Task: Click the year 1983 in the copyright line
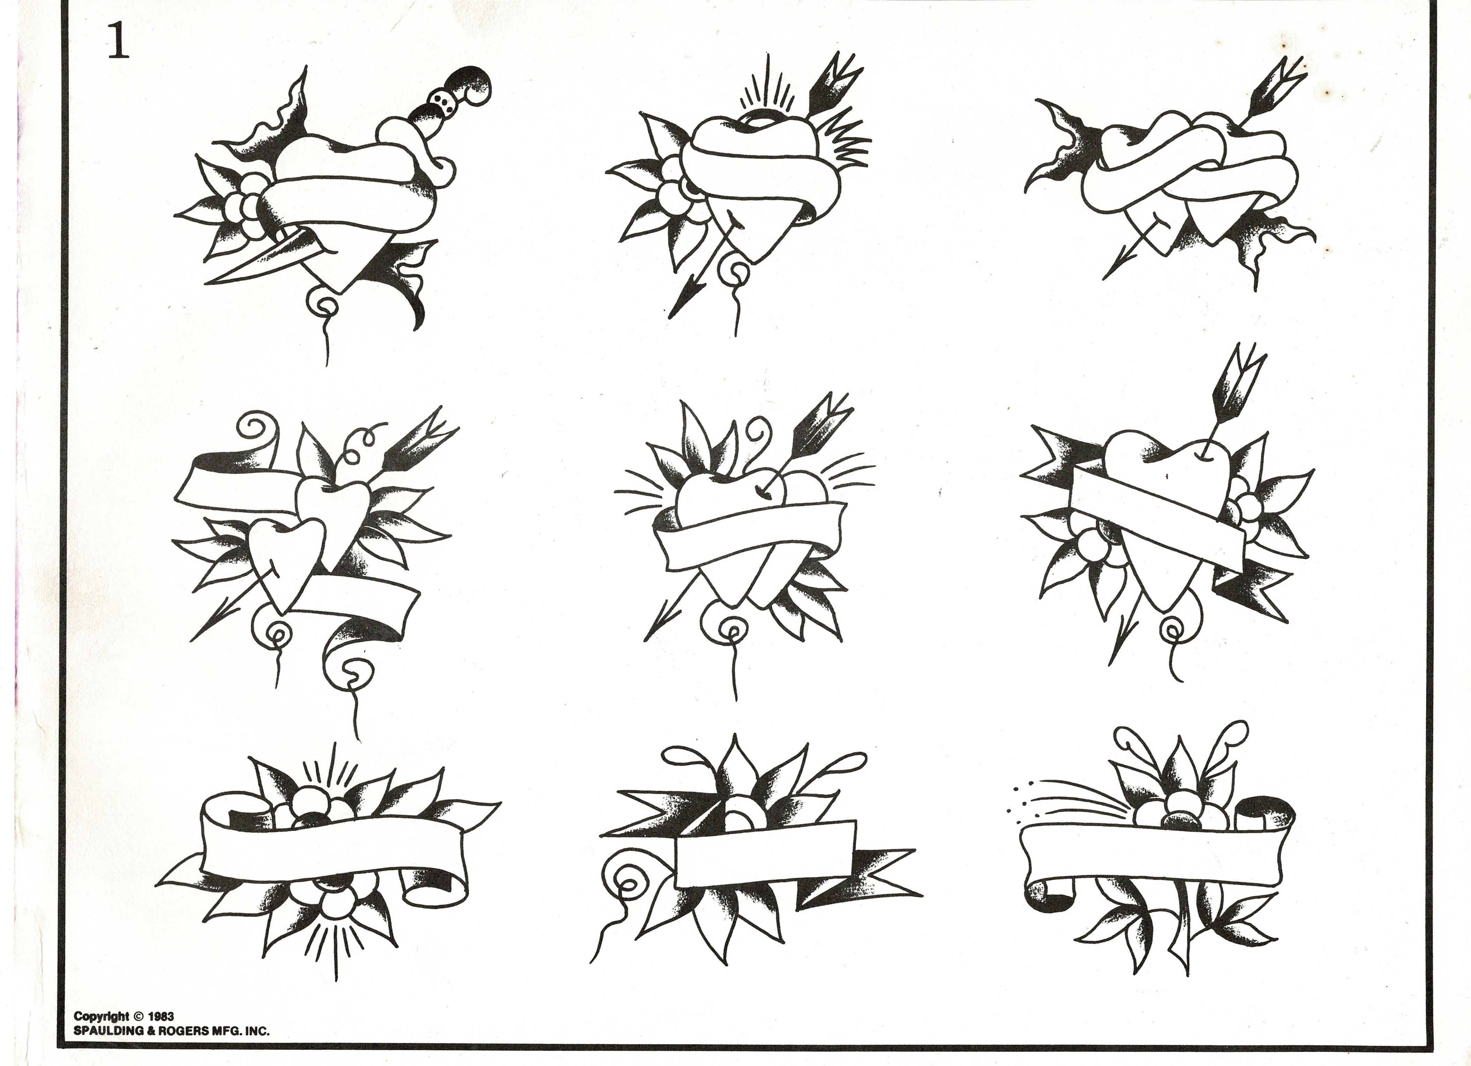pos(162,1017)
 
